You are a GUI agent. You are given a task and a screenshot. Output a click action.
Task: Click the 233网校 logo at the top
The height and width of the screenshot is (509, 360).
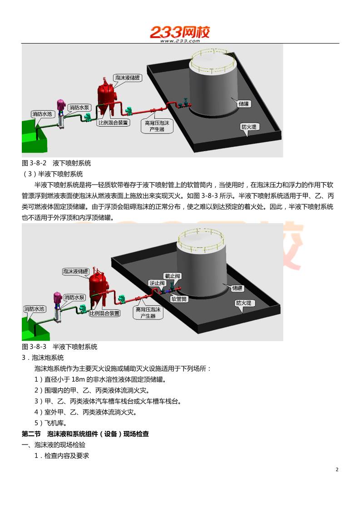click(180, 33)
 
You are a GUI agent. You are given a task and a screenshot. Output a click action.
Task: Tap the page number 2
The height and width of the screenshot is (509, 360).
click(337, 470)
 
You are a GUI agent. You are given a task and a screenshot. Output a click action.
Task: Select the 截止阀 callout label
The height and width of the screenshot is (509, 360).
click(173, 276)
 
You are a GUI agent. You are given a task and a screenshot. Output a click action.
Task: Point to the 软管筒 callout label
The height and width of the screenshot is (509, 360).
click(178, 299)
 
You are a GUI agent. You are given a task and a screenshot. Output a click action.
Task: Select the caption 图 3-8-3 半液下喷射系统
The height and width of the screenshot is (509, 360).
click(59, 347)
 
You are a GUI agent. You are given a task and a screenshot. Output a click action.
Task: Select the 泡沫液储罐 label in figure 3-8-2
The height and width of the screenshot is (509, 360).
click(128, 78)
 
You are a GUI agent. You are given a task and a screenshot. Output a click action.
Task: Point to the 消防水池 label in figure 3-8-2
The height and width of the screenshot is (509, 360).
click(41, 113)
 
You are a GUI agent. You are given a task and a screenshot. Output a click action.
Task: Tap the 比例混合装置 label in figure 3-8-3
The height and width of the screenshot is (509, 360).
click(105, 313)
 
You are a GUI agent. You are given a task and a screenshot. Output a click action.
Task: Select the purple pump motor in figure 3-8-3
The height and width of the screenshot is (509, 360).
click(58, 298)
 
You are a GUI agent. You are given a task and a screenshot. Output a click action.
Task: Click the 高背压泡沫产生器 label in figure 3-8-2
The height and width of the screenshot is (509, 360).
click(156, 126)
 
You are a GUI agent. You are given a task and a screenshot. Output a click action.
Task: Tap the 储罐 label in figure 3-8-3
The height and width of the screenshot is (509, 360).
click(237, 288)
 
